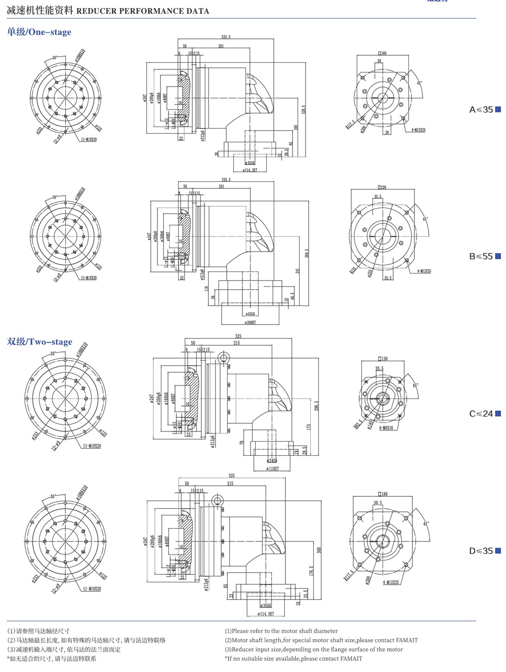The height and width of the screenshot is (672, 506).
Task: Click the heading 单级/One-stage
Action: (x=39, y=32)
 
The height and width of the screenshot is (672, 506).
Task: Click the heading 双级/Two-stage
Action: (x=39, y=342)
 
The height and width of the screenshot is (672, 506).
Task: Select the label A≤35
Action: (x=481, y=109)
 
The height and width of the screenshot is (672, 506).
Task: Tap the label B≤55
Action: (x=481, y=256)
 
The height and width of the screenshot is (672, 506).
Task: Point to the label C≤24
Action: (x=481, y=413)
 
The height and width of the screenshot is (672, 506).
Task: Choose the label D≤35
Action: (x=481, y=551)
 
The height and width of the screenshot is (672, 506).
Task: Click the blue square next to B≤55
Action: (x=498, y=256)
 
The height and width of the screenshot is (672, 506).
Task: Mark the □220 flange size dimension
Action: (x=382, y=187)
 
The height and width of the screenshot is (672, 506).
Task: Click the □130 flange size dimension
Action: (x=382, y=359)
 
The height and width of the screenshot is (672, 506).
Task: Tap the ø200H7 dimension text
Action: (x=250, y=322)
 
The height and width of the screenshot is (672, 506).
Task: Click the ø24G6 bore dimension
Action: (x=272, y=461)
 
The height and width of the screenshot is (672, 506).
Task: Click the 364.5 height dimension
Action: (x=307, y=252)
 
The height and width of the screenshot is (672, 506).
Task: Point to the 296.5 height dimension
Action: (x=317, y=406)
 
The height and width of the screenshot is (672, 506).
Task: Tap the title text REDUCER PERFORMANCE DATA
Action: (x=143, y=11)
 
